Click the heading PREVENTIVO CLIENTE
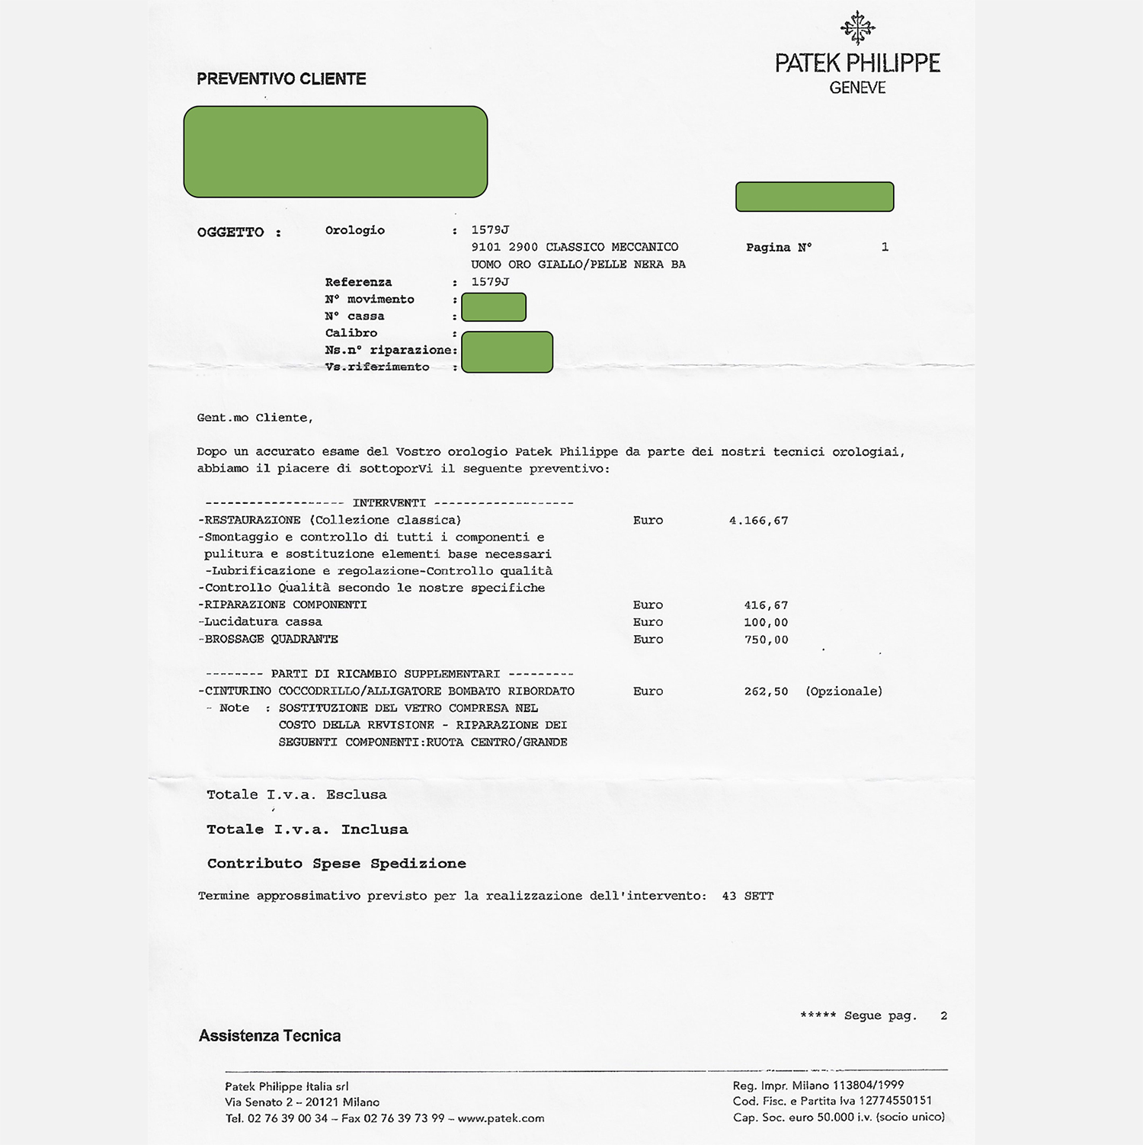click(281, 79)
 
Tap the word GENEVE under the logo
click(857, 88)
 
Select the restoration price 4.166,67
click(758, 521)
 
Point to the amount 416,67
click(766, 605)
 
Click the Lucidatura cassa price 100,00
click(766, 622)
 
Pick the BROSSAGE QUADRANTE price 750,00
click(766, 640)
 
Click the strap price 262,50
click(766, 691)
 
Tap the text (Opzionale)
click(844, 691)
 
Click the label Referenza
click(358, 282)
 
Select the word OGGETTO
click(230, 233)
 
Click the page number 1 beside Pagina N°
click(885, 247)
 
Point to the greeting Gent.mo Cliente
click(255, 418)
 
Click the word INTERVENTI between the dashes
click(389, 503)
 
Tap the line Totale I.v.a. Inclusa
click(307, 829)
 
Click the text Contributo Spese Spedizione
click(336, 864)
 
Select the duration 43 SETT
click(748, 896)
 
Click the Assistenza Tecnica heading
click(270, 1035)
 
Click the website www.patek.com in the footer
click(501, 1118)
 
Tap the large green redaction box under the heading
click(335, 152)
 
